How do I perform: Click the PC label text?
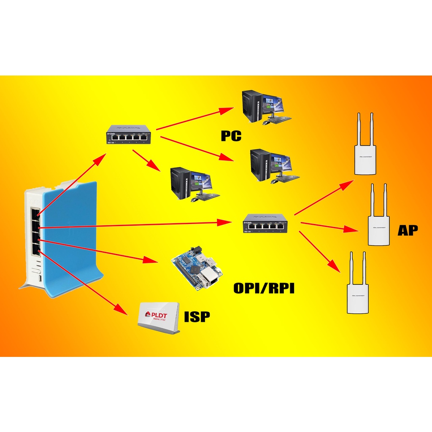pos(231,136)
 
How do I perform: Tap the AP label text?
pos(408,230)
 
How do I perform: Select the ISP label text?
pos(197,316)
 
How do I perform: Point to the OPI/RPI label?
pos(264,289)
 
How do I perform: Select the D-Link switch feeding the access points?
pos(265,223)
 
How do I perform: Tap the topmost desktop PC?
pos(266,107)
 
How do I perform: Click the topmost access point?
pos(364,148)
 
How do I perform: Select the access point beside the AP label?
pos(378,217)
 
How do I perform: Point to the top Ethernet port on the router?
pos(35,214)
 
